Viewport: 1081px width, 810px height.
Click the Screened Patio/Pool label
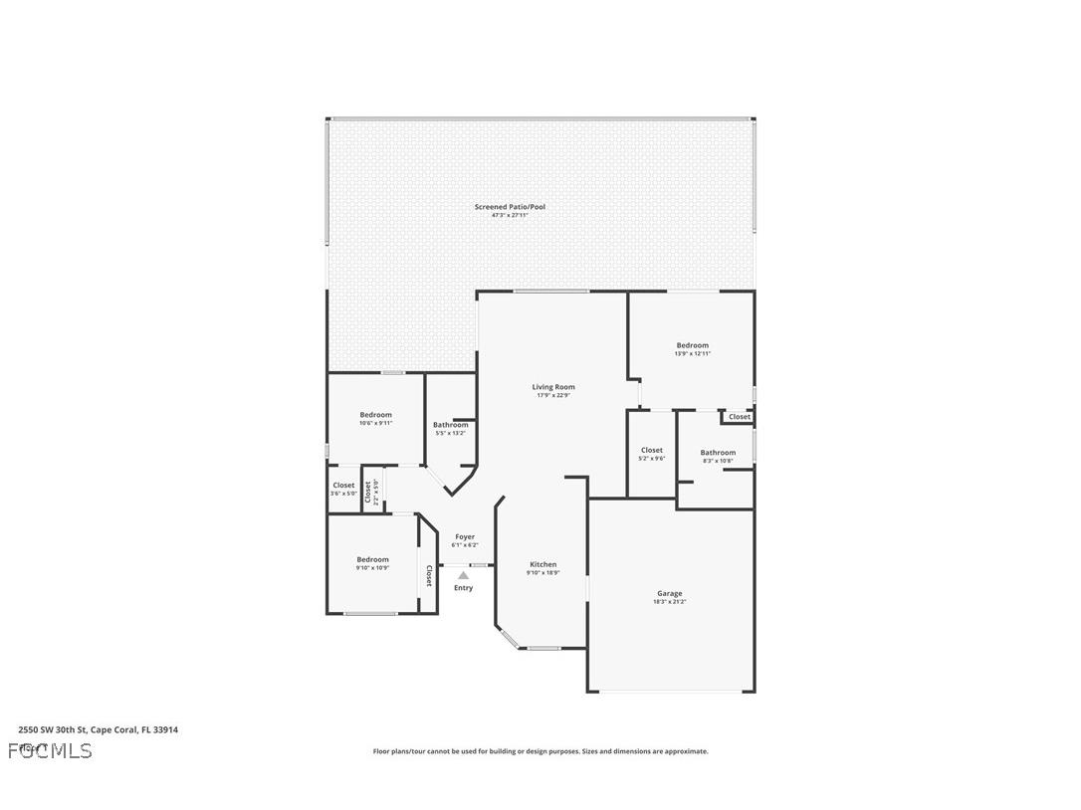click(x=510, y=207)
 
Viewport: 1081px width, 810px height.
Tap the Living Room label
click(x=552, y=387)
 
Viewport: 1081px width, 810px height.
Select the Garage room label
click(x=669, y=593)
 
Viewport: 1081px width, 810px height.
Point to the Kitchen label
click(x=542, y=564)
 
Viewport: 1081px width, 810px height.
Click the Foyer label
click(x=464, y=536)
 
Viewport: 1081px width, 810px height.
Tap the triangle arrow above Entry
click(x=463, y=575)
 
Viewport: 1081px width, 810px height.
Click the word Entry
click(x=463, y=588)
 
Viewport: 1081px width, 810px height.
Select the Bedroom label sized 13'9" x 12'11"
click(x=692, y=345)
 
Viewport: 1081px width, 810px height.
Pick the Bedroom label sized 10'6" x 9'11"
click(x=375, y=415)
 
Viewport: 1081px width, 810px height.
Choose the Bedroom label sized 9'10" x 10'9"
click(x=372, y=559)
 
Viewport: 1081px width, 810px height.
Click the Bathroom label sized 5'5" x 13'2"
click(x=450, y=425)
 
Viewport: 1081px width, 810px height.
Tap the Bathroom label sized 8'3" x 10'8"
click(x=717, y=453)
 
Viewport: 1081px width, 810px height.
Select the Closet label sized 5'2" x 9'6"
click(x=652, y=451)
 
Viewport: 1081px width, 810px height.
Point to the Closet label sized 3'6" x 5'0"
click(x=343, y=486)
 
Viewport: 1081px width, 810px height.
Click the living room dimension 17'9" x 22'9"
click(x=552, y=395)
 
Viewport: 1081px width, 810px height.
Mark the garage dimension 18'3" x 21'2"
click(x=669, y=602)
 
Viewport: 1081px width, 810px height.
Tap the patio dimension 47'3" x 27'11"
click(x=510, y=215)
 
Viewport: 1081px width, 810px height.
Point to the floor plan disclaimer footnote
click(x=540, y=751)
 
